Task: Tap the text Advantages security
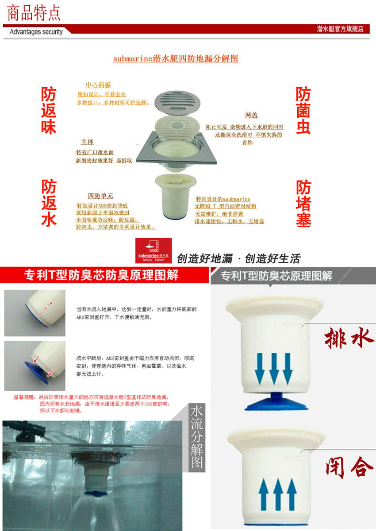coord(36,32)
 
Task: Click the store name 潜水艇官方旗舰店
coord(340,29)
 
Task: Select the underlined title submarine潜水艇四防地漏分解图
coord(176,58)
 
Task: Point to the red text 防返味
coord(49,111)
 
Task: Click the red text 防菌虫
coord(303,111)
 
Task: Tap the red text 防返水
coord(49,203)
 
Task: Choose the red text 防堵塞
coord(303,203)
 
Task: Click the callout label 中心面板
coord(98,85)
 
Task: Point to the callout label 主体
coord(87,142)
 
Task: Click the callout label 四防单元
coord(100,196)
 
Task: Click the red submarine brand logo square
coord(153,251)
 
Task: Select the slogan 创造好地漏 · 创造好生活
coord(238,258)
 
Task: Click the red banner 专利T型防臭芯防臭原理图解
coord(101,275)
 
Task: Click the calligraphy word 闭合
coord(349,466)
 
